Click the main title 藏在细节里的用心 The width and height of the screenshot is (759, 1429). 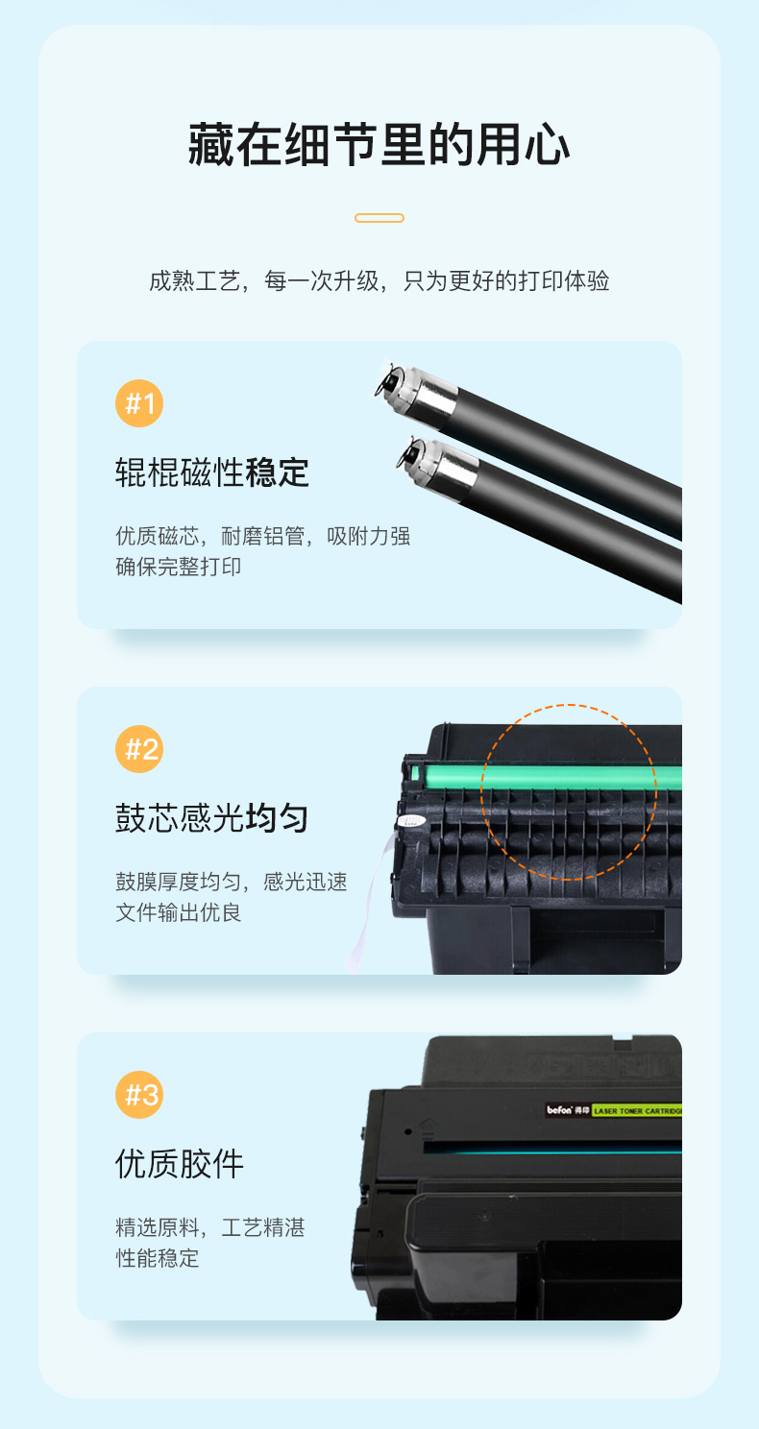tap(379, 145)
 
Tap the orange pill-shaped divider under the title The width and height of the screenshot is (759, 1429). tap(379, 218)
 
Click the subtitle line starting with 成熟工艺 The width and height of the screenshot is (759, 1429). tap(379, 280)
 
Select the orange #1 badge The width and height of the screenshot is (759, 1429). tap(139, 403)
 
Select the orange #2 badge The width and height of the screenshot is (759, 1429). tap(139, 749)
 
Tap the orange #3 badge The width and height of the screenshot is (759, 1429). tap(139, 1095)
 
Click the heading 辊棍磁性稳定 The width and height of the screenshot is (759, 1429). tap(212, 472)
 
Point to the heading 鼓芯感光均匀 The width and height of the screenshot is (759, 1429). tap(212, 818)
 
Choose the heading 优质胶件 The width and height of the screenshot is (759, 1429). tap(180, 1164)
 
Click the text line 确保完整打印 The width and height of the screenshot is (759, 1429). tap(178, 567)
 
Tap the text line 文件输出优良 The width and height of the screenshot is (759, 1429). tap(178, 912)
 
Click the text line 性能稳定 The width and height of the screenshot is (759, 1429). tap(157, 1258)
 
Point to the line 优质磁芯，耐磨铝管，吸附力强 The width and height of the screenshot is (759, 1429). tap(262, 536)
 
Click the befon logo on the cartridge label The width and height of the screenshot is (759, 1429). tap(559, 1110)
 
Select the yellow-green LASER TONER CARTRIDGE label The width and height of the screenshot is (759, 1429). tap(637, 1111)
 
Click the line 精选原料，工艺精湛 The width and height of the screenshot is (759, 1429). tap(210, 1227)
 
